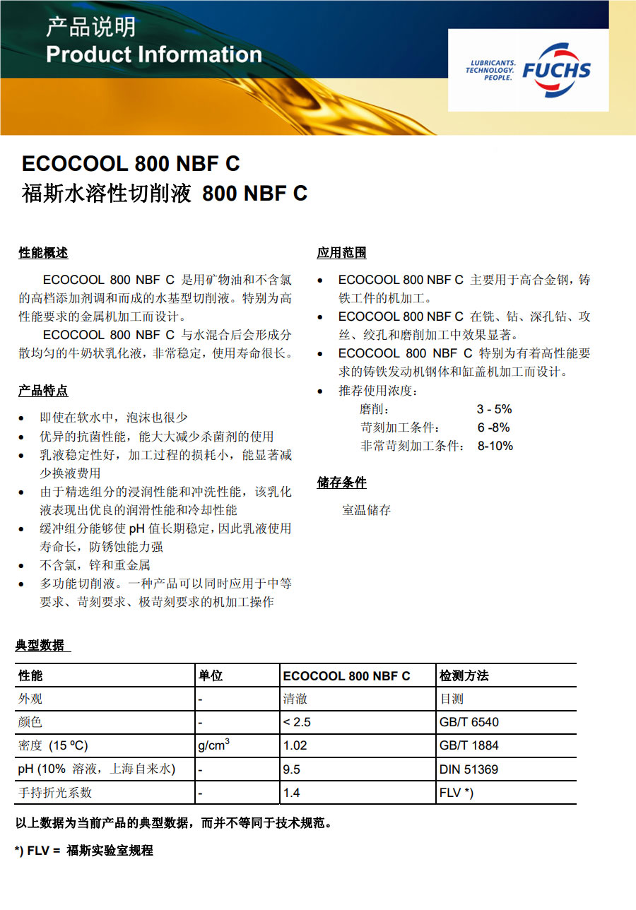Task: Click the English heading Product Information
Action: (x=153, y=54)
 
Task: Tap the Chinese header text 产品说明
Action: (x=90, y=28)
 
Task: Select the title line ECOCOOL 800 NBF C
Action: (x=131, y=164)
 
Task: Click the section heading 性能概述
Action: (x=43, y=253)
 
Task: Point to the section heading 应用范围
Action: (x=341, y=253)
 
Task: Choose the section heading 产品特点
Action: (x=43, y=391)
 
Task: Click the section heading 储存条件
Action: (x=341, y=483)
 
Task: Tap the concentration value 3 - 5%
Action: (x=494, y=409)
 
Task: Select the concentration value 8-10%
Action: (x=495, y=446)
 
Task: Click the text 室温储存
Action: (x=366, y=510)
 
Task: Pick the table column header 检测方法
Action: (x=464, y=675)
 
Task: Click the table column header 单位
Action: (x=211, y=675)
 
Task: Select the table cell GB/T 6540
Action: (x=469, y=722)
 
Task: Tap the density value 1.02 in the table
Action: (x=295, y=745)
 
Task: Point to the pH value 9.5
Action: (x=291, y=769)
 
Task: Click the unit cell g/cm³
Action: (x=214, y=745)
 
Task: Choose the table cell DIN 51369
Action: (x=469, y=769)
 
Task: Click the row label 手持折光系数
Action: (x=55, y=793)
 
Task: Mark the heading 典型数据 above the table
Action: (x=40, y=645)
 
